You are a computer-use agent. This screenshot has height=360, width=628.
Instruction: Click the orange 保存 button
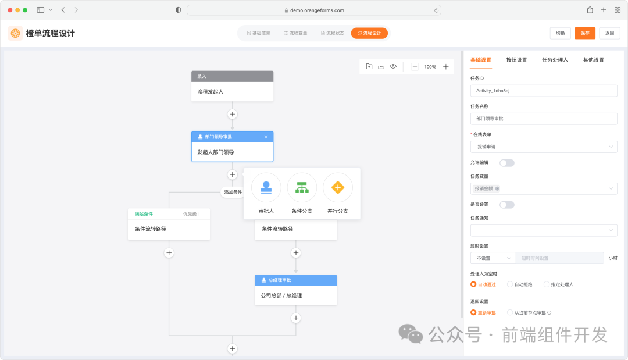coord(584,33)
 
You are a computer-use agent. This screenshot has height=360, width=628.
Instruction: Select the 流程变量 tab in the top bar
coord(295,33)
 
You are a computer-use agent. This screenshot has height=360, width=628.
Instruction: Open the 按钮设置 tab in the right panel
coord(516,60)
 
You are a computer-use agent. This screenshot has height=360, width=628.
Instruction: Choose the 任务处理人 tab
coord(555,60)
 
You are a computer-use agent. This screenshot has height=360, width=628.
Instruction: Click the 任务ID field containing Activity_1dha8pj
coord(543,91)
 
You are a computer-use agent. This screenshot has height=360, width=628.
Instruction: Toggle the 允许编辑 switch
coord(506,163)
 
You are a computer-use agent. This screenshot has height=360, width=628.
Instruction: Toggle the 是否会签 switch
coord(506,205)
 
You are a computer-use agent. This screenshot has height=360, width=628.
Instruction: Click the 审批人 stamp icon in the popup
coord(266,187)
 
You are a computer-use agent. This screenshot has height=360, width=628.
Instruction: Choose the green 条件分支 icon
coord(302,187)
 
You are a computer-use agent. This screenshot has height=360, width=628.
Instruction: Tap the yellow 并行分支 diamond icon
coord(338,187)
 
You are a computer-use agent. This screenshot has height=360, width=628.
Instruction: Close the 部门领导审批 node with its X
coord(266,137)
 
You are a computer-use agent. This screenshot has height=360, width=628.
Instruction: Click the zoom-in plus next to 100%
coord(446,67)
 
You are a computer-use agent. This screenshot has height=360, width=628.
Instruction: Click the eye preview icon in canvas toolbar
coord(393,67)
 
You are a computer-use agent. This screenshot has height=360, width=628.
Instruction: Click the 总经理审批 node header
coord(295,280)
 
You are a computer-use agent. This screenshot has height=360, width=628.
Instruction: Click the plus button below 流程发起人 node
coord(232,115)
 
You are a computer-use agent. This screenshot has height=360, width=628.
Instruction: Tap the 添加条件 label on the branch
coord(233,192)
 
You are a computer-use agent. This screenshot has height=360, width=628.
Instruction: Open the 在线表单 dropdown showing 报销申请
coord(543,147)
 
